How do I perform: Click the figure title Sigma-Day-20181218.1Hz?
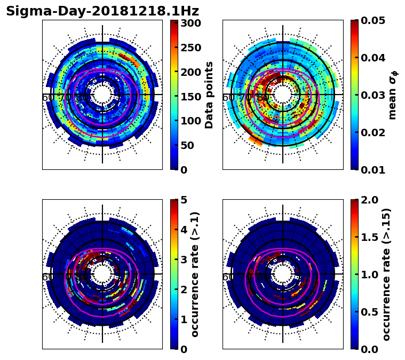tap(102, 11)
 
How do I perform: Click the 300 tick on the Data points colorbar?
tap(190, 23)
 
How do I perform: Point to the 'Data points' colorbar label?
tap(209, 95)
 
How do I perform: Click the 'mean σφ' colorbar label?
tap(392, 95)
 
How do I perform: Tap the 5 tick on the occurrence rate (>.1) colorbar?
tap(185, 200)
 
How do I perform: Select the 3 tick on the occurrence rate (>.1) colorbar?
tap(185, 260)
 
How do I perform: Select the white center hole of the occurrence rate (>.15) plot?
tap(283, 274)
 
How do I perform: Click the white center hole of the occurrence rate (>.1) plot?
tap(102, 274)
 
